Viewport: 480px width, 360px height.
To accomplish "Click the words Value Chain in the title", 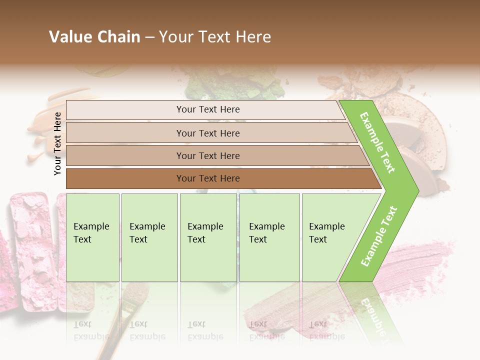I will point(94,37).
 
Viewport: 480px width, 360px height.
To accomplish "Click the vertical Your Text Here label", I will point(57,143).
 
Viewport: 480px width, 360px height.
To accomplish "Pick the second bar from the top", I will point(207,133).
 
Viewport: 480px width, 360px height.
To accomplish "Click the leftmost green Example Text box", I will point(92,237).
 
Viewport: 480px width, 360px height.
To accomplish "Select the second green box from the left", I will point(149,237).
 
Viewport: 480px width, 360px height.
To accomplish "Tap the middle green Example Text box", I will point(208,237).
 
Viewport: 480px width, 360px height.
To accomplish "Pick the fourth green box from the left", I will point(269,237).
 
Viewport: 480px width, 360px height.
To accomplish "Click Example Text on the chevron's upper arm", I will point(377,142).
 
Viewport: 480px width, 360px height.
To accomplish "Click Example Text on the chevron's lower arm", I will point(379,236).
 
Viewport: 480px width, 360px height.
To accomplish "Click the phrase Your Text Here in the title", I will point(215,37).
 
